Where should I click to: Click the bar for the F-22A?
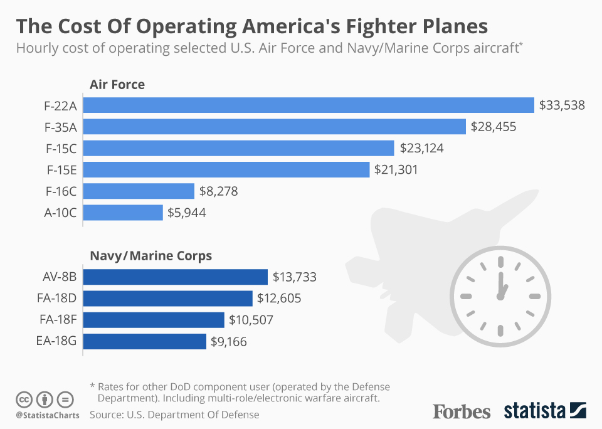click(308, 105)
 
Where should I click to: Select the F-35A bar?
click(274, 127)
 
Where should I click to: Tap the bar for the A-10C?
click(123, 213)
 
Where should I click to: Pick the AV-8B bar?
click(176, 277)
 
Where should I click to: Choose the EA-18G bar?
click(145, 341)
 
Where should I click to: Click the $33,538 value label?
click(562, 105)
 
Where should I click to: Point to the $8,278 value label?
click(219, 191)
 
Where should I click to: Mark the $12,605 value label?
click(279, 299)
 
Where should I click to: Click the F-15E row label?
click(61, 170)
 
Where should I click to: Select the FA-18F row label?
click(58, 320)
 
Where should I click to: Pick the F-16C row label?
click(61, 191)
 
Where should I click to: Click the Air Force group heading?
click(117, 84)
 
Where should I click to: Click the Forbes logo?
click(462, 411)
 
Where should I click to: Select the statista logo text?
click(534, 411)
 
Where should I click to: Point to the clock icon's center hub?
click(500, 295)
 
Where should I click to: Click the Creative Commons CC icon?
click(24, 399)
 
